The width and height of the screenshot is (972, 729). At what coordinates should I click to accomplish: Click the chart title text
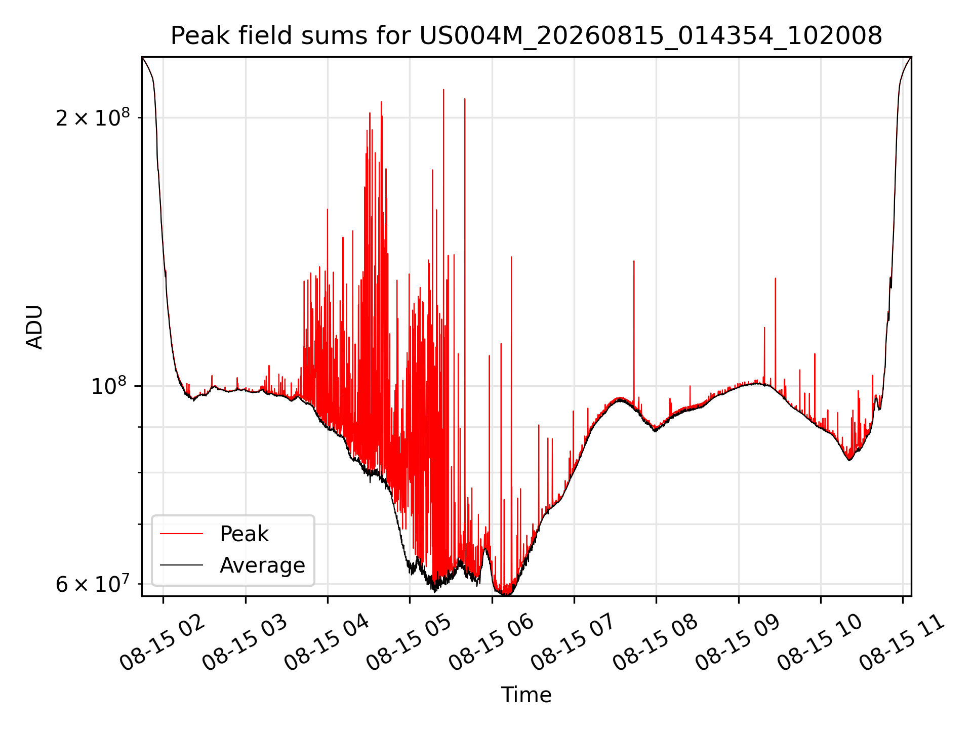(x=526, y=36)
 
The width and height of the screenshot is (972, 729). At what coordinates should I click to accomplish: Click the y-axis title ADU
(x=34, y=327)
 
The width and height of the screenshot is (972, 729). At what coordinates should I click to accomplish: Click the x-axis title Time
(x=526, y=695)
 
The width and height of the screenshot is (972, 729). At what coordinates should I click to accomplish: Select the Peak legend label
(x=244, y=534)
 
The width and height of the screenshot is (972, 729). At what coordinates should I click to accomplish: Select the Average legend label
(x=262, y=565)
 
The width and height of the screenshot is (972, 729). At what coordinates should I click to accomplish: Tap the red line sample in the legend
(x=181, y=534)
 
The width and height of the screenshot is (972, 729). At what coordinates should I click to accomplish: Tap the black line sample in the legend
(x=181, y=565)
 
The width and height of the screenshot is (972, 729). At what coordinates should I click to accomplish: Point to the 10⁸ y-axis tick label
(x=110, y=386)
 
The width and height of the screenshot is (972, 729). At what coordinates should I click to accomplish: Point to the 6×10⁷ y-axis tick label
(x=93, y=584)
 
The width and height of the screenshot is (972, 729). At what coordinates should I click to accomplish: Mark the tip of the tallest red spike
(x=443, y=90)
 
